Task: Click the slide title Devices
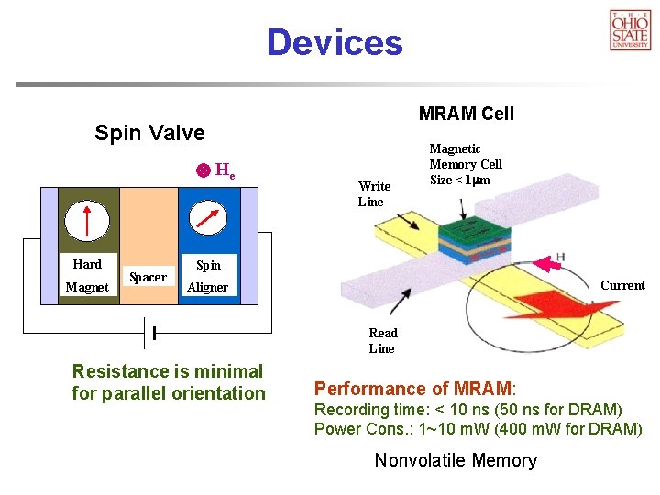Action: (334, 43)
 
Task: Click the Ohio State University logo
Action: (630, 29)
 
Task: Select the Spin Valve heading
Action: (149, 133)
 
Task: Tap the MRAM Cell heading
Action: (466, 114)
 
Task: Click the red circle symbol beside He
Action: (203, 170)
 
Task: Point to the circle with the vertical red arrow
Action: (88, 221)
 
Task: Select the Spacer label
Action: (148, 277)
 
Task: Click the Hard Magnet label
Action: (87, 276)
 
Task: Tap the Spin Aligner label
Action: (208, 276)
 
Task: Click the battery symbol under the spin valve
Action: (149, 331)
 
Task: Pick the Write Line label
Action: (374, 194)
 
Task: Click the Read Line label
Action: (382, 340)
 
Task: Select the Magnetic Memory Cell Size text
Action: (466, 164)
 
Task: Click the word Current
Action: (622, 285)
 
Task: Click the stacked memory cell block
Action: (471, 234)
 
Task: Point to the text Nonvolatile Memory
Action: (456, 460)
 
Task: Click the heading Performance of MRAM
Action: (415, 389)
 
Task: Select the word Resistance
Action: (119, 371)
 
